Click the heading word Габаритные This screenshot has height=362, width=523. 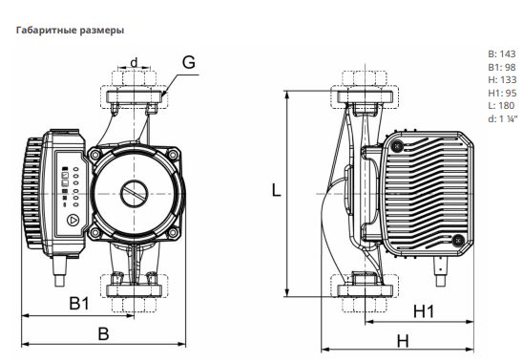click(x=47, y=31)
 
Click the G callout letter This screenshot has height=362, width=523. click(x=189, y=62)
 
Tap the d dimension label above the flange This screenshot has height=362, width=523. click(x=134, y=62)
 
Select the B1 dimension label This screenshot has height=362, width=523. click(x=79, y=303)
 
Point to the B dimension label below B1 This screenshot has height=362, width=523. click(x=103, y=333)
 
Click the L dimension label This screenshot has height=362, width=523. click(x=276, y=190)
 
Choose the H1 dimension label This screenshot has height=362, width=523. click(x=424, y=311)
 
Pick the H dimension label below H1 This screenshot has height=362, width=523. click(x=403, y=341)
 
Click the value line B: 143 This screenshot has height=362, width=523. click(x=502, y=53)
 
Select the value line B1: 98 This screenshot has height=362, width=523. click(x=502, y=67)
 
